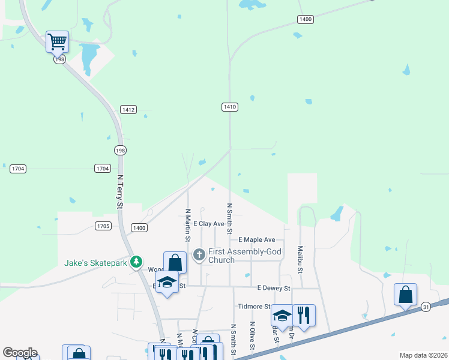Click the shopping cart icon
pyautogui.click(x=57, y=41)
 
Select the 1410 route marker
pyautogui.click(x=230, y=107)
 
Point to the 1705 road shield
pyautogui.click(x=103, y=226)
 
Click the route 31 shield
pyautogui.click(x=426, y=306)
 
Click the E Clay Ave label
pyautogui.click(x=208, y=224)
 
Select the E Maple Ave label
pyautogui.click(x=256, y=239)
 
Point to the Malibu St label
pyautogui.click(x=300, y=259)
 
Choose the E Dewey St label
pyautogui.click(x=273, y=288)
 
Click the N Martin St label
pyautogui.click(x=188, y=225)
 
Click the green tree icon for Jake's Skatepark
pyautogui.click(x=137, y=262)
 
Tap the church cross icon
pyautogui.click(x=199, y=255)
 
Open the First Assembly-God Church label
pyautogui.click(x=244, y=255)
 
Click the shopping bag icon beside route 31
pyautogui.click(x=405, y=295)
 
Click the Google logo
pyautogui.click(x=19, y=353)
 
